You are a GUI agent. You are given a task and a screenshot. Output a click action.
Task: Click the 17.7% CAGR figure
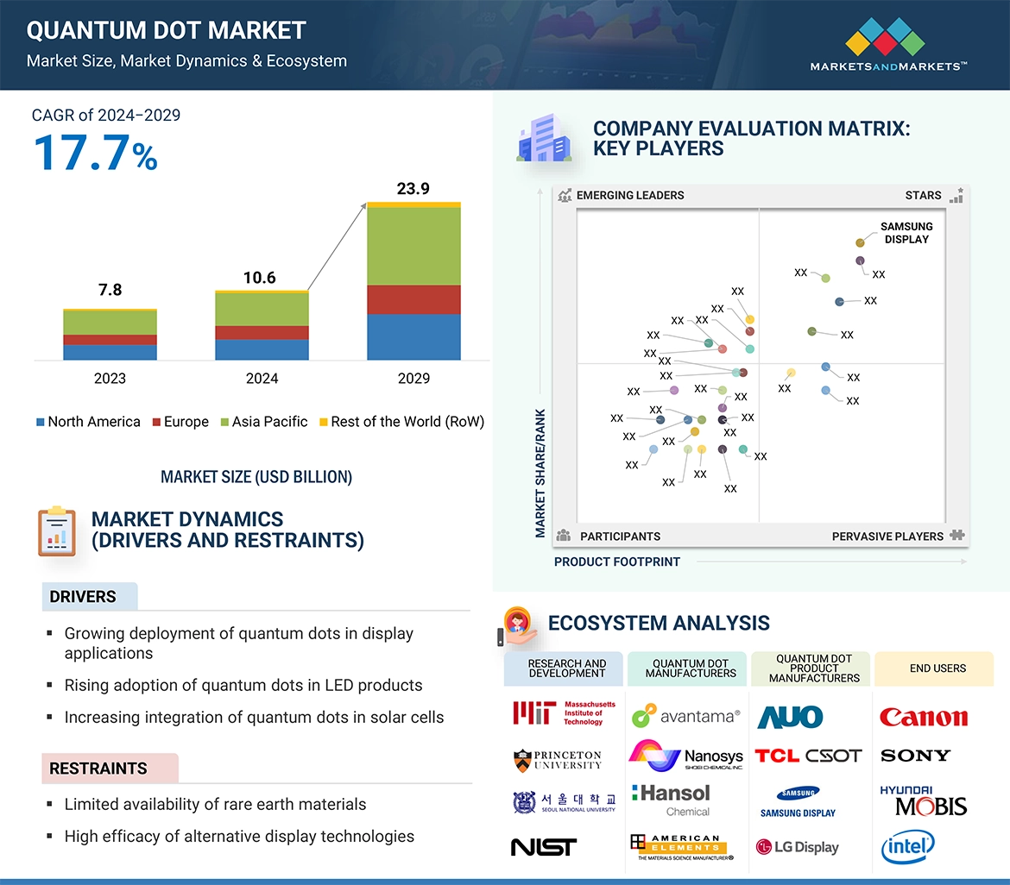coord(95,153)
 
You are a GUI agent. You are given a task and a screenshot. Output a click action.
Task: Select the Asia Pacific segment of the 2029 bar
coord(413,246)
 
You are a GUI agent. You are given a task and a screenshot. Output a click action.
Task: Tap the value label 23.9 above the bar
coord(413,188)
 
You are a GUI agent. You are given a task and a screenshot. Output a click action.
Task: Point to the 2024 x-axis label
coord(262,378)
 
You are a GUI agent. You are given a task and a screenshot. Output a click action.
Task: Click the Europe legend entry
coord(180,422)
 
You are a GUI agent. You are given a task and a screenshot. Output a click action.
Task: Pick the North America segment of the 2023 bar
coord(110,352)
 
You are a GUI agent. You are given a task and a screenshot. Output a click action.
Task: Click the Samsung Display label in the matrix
coord(906,233)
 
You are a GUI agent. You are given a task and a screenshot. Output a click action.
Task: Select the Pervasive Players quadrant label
coord(887,537)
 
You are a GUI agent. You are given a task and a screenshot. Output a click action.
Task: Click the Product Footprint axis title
coord(617,562)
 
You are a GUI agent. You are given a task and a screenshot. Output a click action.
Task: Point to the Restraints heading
coord(98,769)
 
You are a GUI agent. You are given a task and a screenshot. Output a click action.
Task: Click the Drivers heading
coord(83,597)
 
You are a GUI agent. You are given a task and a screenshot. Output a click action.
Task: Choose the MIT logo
coord(565,713)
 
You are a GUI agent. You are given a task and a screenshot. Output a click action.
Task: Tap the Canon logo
coord(924,717)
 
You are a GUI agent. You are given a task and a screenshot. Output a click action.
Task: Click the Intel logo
coord(907,847)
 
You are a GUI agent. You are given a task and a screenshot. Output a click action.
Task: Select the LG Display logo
coord(797,847)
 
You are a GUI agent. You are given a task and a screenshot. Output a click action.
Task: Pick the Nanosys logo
coord(686,756)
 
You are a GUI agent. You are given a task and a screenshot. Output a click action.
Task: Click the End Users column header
coord(937,668)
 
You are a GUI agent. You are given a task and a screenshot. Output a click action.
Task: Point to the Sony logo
coord(915,756)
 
